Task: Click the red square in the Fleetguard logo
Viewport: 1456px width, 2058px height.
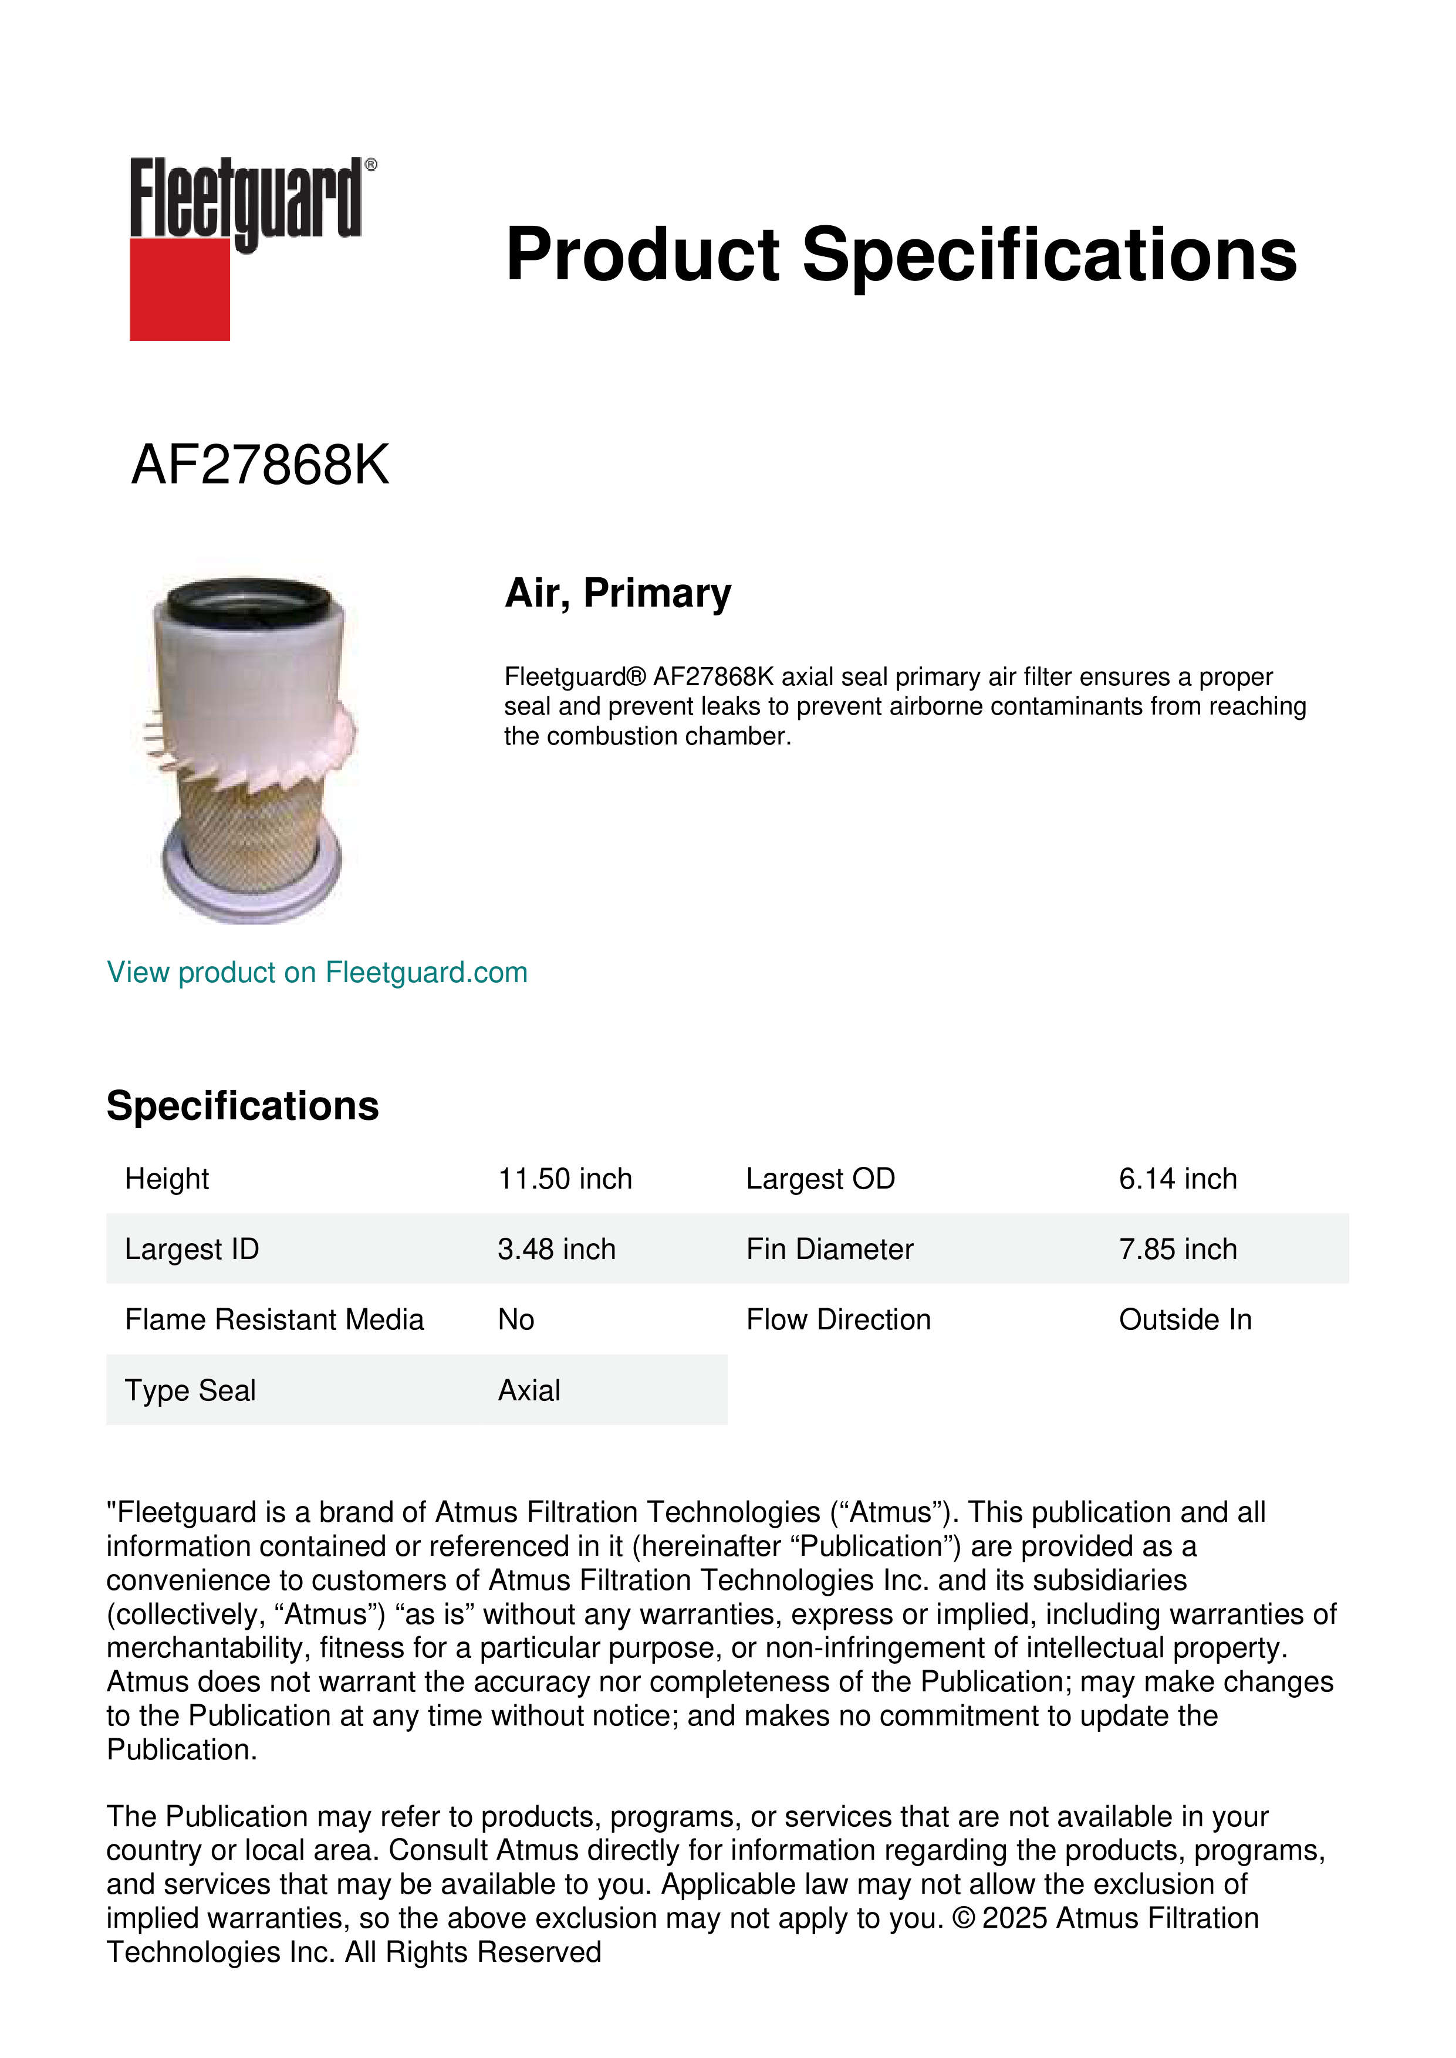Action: pos(180,289)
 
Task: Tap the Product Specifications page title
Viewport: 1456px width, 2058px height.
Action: pos(900,255)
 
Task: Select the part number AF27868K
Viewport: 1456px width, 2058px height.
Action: pos(260,465)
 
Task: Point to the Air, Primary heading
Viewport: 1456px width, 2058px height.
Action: pos(618,593)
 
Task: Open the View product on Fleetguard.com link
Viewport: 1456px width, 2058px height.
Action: pos(316,973)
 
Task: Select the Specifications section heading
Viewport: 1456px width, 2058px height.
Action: pos(242,1106)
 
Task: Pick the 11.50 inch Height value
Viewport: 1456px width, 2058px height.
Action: pos(565,1179)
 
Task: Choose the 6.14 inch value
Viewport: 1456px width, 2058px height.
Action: pos(1177,1179)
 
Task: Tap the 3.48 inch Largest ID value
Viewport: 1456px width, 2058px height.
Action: pos(556,1250)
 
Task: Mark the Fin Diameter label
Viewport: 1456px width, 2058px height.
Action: pos(829,1250)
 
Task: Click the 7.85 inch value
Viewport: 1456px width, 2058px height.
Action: pos(1177,1250)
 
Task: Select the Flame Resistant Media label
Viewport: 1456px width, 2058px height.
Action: pos(273,1321)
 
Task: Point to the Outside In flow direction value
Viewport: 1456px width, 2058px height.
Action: pos(1184,1321)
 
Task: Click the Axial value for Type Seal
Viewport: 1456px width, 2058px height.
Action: pos(529,1391)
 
